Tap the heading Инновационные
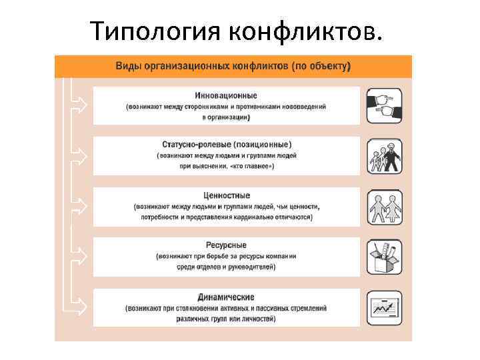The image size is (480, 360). pos(227,95)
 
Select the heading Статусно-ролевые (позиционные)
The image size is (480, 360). pos(227,145)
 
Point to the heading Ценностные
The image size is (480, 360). pos(227,195)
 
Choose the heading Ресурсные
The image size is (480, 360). pos(227,245)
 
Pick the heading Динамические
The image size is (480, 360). pos(227,297)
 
